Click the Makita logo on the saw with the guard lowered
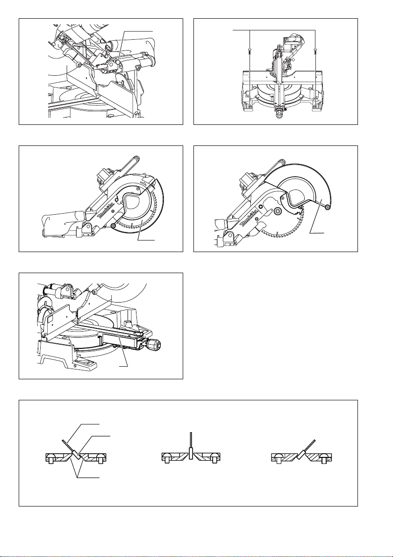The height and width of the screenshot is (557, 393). [106, 211]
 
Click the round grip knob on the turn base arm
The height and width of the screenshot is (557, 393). [155, 345]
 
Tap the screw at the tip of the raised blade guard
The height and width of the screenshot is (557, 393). [327, 206]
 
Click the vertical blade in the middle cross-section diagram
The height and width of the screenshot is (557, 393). [191, 445]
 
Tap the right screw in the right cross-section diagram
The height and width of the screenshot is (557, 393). [324, 458]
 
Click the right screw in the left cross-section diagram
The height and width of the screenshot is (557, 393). [101, 458]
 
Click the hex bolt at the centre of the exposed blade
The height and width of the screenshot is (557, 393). [278, 211]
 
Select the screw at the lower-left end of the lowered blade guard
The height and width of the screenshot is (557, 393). [113, 225]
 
